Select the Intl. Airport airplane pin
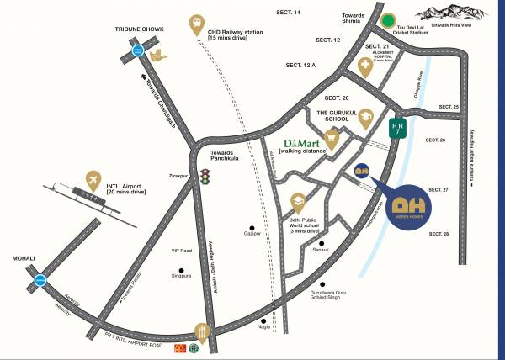click(x=93, y=179)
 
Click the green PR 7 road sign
click(x=400, y=129)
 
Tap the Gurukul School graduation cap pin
click(x=365, y=120)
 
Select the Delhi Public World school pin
click(x=298, y=202)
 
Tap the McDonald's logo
click(x=178, y=347)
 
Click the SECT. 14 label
click(x=288, y=13)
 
